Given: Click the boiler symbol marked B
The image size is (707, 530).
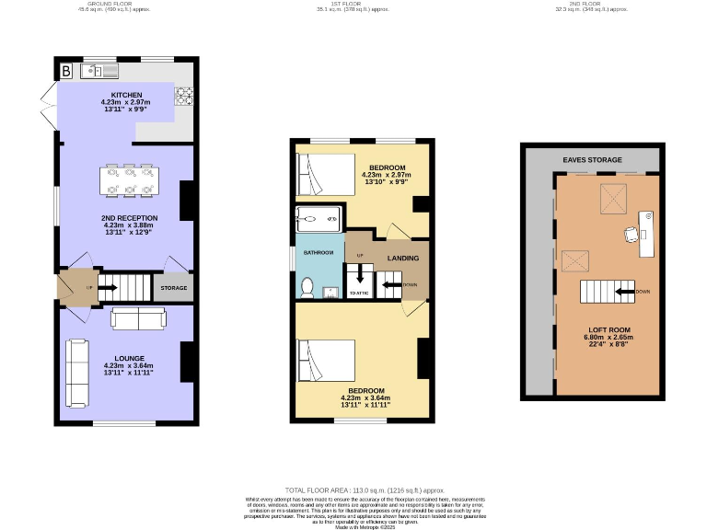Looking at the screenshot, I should coord(66,71).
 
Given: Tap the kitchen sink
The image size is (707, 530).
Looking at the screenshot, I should coord(99,71).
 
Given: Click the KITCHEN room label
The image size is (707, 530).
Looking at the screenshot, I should coord(126,95).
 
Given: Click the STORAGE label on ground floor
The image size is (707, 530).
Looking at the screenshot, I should coord(174,288).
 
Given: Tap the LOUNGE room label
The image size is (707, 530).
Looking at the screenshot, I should coord(130,359).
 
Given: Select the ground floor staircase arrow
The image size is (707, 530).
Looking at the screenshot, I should coord(108,288).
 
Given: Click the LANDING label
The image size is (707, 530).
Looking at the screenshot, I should coord(402,259).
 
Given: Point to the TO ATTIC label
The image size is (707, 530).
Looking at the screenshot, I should coord(358,293).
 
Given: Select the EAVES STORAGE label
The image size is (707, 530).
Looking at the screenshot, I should coord(591,160).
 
